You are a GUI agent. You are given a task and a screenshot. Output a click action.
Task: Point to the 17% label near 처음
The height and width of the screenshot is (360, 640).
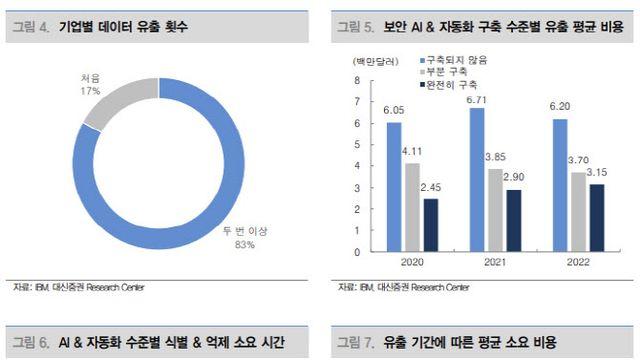tap(91, 91)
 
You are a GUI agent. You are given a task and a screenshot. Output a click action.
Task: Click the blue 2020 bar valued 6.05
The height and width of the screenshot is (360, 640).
tap(393, 186)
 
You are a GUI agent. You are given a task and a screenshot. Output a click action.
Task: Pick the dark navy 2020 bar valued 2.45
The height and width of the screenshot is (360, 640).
tap(431, 225)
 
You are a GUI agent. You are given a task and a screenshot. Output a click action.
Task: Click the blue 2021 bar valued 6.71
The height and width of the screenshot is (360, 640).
tap(477, 179)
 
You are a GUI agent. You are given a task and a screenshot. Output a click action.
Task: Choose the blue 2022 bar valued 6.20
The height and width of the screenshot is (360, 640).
tap(560, 185)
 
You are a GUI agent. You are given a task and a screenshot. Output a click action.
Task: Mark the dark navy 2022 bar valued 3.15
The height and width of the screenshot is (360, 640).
tap(597, 217)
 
